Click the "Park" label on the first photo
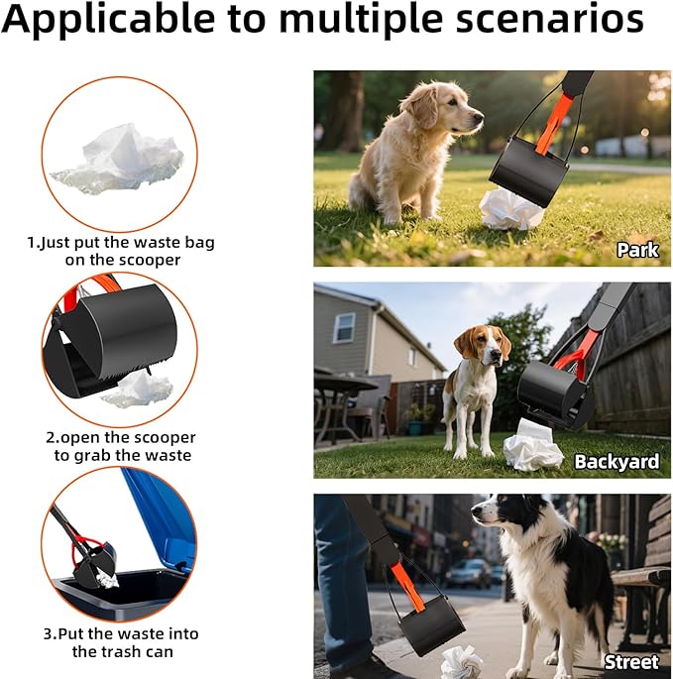pos(636,250)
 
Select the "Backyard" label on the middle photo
pos(617,462)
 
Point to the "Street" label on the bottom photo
pos(631,661)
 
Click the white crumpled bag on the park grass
pos(511,209)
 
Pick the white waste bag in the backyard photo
pos(533,448)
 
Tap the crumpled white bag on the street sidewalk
pos(462,661)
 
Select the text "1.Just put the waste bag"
pos(120,242)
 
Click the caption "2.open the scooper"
pos(120,437)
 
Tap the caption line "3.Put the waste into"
pos(120,633)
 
